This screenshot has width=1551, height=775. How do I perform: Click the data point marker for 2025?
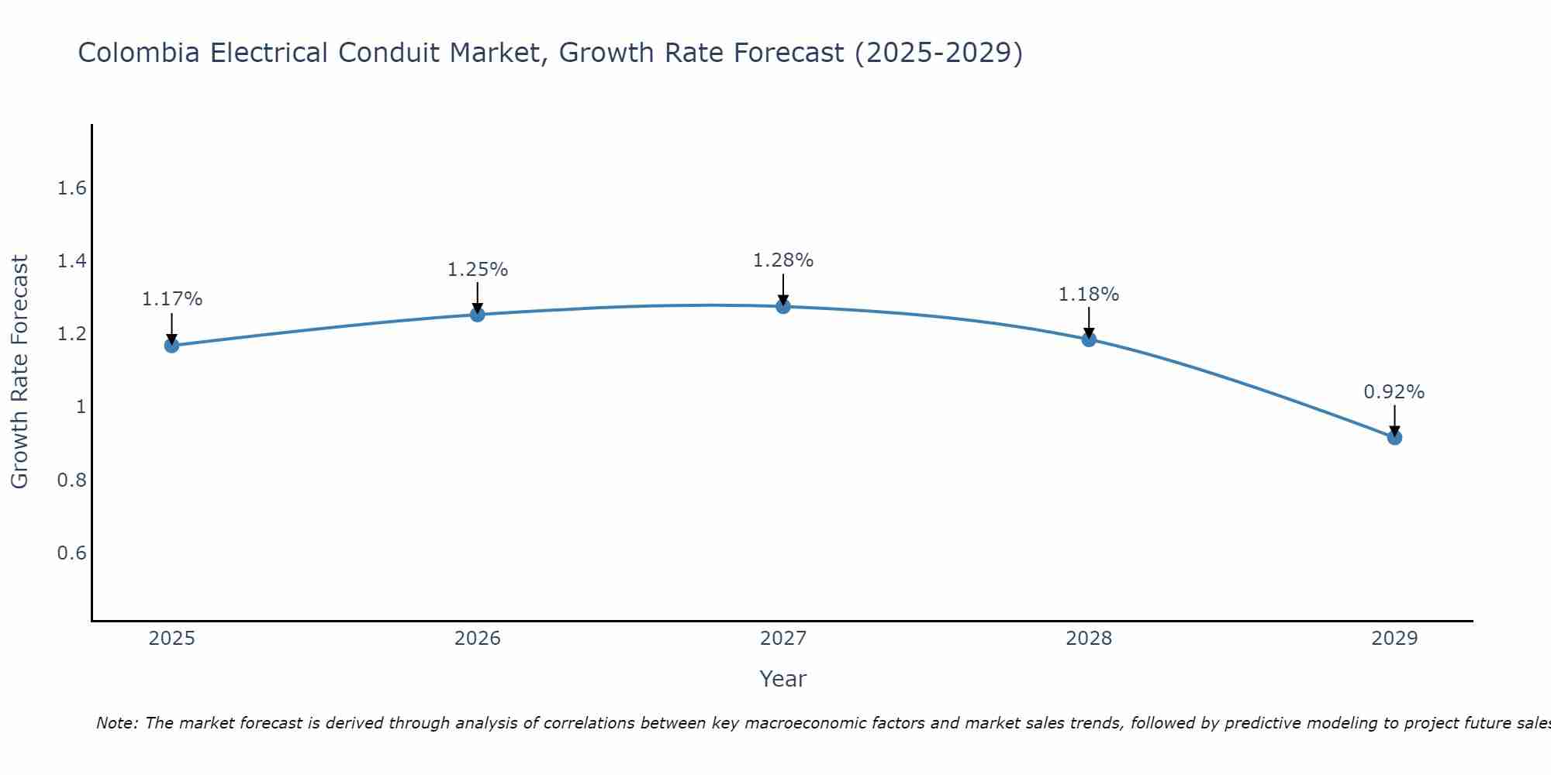171,345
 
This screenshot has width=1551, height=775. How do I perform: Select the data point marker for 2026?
478,314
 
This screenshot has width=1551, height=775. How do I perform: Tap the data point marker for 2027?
783,306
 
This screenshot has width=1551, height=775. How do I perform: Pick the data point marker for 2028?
1089,339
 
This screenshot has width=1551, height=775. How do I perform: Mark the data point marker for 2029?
1394,437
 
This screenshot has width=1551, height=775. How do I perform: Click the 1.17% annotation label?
172,299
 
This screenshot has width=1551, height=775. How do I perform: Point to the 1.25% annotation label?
478,270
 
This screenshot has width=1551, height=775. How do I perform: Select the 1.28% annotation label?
783,260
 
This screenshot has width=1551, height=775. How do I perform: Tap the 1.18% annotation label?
1089,294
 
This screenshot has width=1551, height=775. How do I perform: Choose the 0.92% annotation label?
1394,392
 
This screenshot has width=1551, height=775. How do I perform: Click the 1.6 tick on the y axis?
72,188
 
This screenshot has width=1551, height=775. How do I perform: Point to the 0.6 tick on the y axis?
72,553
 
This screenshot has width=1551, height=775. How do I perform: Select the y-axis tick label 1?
81,407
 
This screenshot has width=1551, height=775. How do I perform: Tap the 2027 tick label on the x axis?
783,639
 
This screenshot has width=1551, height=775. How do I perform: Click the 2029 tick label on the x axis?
1394,639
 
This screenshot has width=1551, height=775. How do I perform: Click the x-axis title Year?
783,679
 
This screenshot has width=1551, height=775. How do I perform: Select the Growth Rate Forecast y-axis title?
19,372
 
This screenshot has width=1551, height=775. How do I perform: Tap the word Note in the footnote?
116,723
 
